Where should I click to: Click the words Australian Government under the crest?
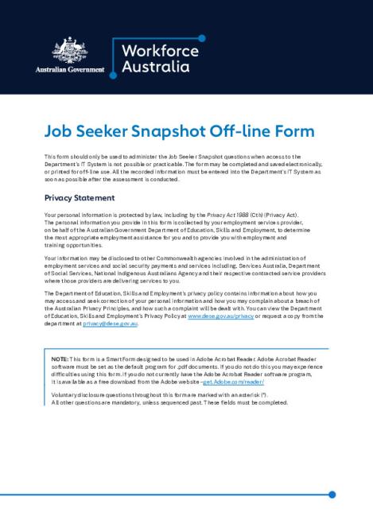[x=70, y=70]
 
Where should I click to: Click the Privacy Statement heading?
[x=80, y=197]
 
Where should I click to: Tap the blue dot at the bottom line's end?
[x=332, y=494]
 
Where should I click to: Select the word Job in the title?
[x=59, y=132]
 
